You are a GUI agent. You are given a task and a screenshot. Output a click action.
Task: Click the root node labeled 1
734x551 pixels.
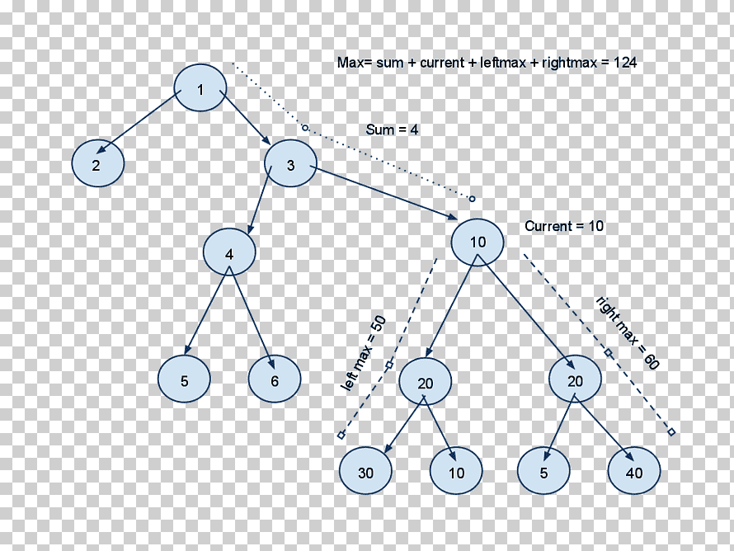pos(200,88)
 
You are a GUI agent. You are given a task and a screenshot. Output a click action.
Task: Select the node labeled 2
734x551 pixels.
pos(98,163)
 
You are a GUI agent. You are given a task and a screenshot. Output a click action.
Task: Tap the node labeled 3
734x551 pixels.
pos(290,163)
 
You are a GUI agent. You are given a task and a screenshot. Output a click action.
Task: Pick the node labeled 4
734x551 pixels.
pos(229,252)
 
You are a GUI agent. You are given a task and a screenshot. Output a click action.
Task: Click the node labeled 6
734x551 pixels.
pos(275,379)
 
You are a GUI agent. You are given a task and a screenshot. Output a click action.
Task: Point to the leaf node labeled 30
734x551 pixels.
pos(365,470)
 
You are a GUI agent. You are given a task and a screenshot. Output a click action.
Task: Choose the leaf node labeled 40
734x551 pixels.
pos(634,470)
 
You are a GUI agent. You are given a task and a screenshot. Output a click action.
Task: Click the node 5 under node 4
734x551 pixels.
pos(184,379)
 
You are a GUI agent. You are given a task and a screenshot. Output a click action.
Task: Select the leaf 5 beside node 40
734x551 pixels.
pos(543,470)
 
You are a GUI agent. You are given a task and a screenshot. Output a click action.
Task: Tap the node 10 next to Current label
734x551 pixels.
pos(478,243)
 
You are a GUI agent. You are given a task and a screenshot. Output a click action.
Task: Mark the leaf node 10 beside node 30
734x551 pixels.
pos(456,470)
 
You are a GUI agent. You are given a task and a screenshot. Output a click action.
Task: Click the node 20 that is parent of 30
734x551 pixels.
pos(426,382)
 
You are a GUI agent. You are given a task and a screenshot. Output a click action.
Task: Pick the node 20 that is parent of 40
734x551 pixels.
pos(576,379)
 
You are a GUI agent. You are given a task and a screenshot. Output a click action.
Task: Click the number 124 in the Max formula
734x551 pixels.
pos(625,62)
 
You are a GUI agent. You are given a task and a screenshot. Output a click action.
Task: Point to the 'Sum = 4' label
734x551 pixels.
pos(393,130)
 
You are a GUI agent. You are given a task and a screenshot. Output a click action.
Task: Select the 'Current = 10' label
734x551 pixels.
pos(564,226)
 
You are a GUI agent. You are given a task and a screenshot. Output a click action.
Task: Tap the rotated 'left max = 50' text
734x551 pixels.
pos(364,353)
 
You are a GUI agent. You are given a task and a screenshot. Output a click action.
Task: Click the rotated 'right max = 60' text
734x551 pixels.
pos(628,333)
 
